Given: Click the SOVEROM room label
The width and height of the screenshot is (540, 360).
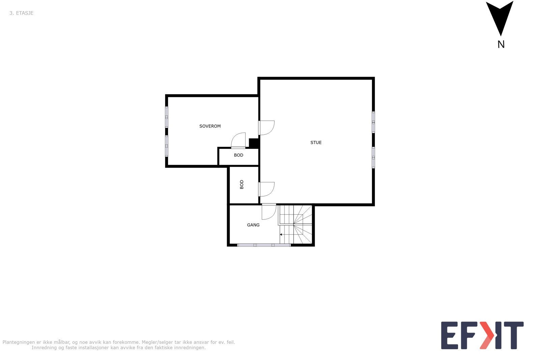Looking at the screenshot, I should point(210,126).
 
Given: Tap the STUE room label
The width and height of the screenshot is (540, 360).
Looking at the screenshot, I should point(316,143).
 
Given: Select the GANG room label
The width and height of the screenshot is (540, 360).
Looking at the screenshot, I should point(253,225).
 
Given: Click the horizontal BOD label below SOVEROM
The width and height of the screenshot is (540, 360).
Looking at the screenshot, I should point(239,155).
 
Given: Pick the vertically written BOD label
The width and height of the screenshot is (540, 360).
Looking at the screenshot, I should point(242,184).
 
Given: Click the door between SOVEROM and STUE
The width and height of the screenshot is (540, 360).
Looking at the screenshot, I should point(266,128).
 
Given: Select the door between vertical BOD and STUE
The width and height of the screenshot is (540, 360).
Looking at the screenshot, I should point(266,189).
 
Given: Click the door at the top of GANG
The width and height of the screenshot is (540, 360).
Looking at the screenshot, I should point(269,211).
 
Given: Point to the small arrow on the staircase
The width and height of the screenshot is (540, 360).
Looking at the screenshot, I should point(281,234).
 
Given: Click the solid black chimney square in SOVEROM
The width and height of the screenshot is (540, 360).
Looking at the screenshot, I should point(253,143).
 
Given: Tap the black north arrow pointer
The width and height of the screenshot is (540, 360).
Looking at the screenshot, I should point(500,17).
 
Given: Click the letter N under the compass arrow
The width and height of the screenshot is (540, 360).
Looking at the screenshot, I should point(501,45).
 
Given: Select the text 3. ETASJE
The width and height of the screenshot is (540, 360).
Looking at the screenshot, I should point(21,13).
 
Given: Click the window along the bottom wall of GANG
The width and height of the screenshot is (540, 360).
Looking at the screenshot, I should point(264,245).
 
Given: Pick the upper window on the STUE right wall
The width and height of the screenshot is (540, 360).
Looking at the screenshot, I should point(373,122).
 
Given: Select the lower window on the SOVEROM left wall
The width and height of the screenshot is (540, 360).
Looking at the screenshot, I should point(166,146).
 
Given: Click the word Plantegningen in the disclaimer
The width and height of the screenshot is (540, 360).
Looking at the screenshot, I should point(19,342).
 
